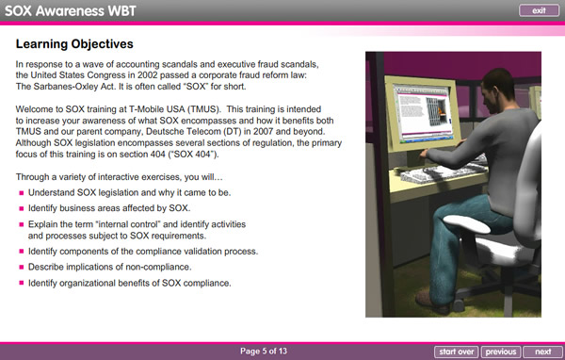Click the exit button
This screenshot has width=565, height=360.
539,10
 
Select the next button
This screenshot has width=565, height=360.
542,352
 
